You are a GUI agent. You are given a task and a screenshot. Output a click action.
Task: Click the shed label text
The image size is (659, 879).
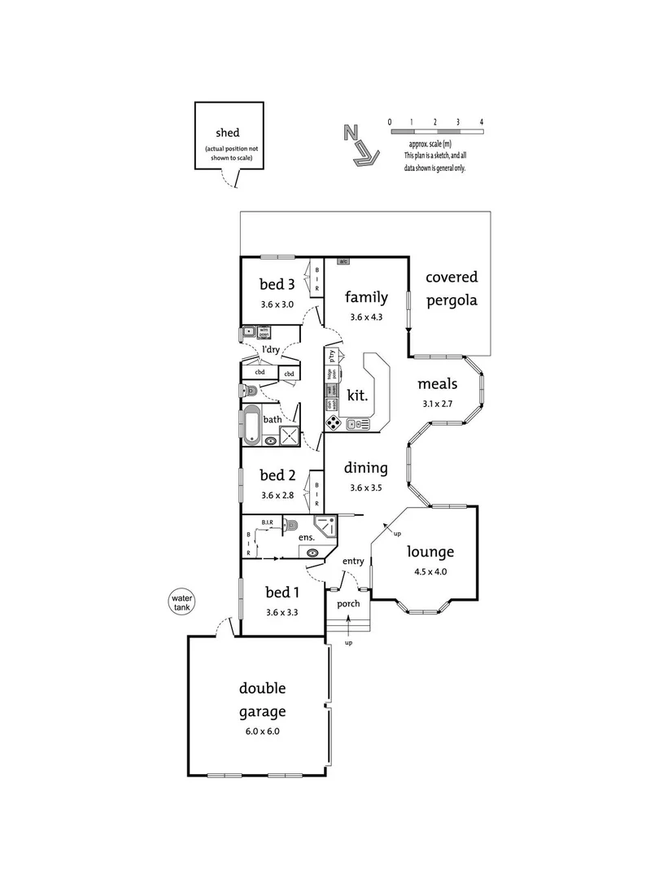228,132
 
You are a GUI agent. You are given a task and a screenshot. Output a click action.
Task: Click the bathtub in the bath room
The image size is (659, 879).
251,423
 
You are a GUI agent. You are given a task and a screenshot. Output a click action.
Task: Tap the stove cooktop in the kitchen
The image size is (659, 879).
334,423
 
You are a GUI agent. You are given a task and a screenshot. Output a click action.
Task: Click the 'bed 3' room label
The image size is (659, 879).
277,284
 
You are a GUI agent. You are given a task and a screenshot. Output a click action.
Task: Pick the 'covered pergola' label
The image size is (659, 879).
452,288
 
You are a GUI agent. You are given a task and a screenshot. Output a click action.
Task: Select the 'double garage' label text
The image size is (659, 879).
262,699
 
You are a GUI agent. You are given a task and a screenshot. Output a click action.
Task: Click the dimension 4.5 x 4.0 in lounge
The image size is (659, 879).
430,571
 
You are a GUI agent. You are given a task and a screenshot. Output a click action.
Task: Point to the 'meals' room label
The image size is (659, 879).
436,384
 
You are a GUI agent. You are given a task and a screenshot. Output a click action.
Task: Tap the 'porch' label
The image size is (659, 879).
348,603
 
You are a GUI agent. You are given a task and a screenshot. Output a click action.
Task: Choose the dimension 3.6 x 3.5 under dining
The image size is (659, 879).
365,488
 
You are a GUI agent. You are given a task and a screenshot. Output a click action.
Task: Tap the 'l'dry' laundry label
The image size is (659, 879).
271,350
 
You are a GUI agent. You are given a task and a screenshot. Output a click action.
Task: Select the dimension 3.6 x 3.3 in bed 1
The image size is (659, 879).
281,613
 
